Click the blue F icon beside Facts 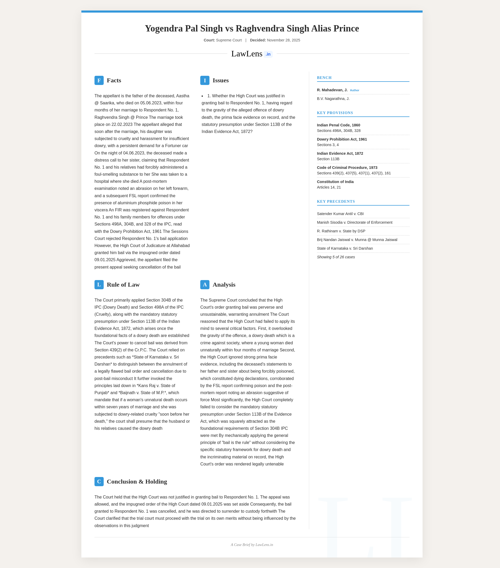(x=99, y=80)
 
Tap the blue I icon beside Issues (x=205, y=80)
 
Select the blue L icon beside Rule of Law (x=99, y=285)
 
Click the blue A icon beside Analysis (x=205, y=285)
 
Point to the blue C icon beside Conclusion (x=99, y=481)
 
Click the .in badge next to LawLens (x=268, y=54)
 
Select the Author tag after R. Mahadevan (x=354, y=90)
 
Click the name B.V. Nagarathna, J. (x=333, y=99)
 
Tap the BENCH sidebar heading (x=324, y=78)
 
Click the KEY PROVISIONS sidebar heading (x=335, y=113)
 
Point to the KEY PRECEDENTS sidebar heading (x=336, y=201)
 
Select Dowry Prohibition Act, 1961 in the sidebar (x=342, y=139)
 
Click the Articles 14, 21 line (x=329, y=187)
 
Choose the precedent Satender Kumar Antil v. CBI (x=340, y=214)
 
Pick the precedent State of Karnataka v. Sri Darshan (x=345, y=248)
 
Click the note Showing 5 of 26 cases (x=336, y=257)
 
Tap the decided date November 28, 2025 (x=283, y=40)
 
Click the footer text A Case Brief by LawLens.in (x=252, y=545)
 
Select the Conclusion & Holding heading (x=137, y=481)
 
